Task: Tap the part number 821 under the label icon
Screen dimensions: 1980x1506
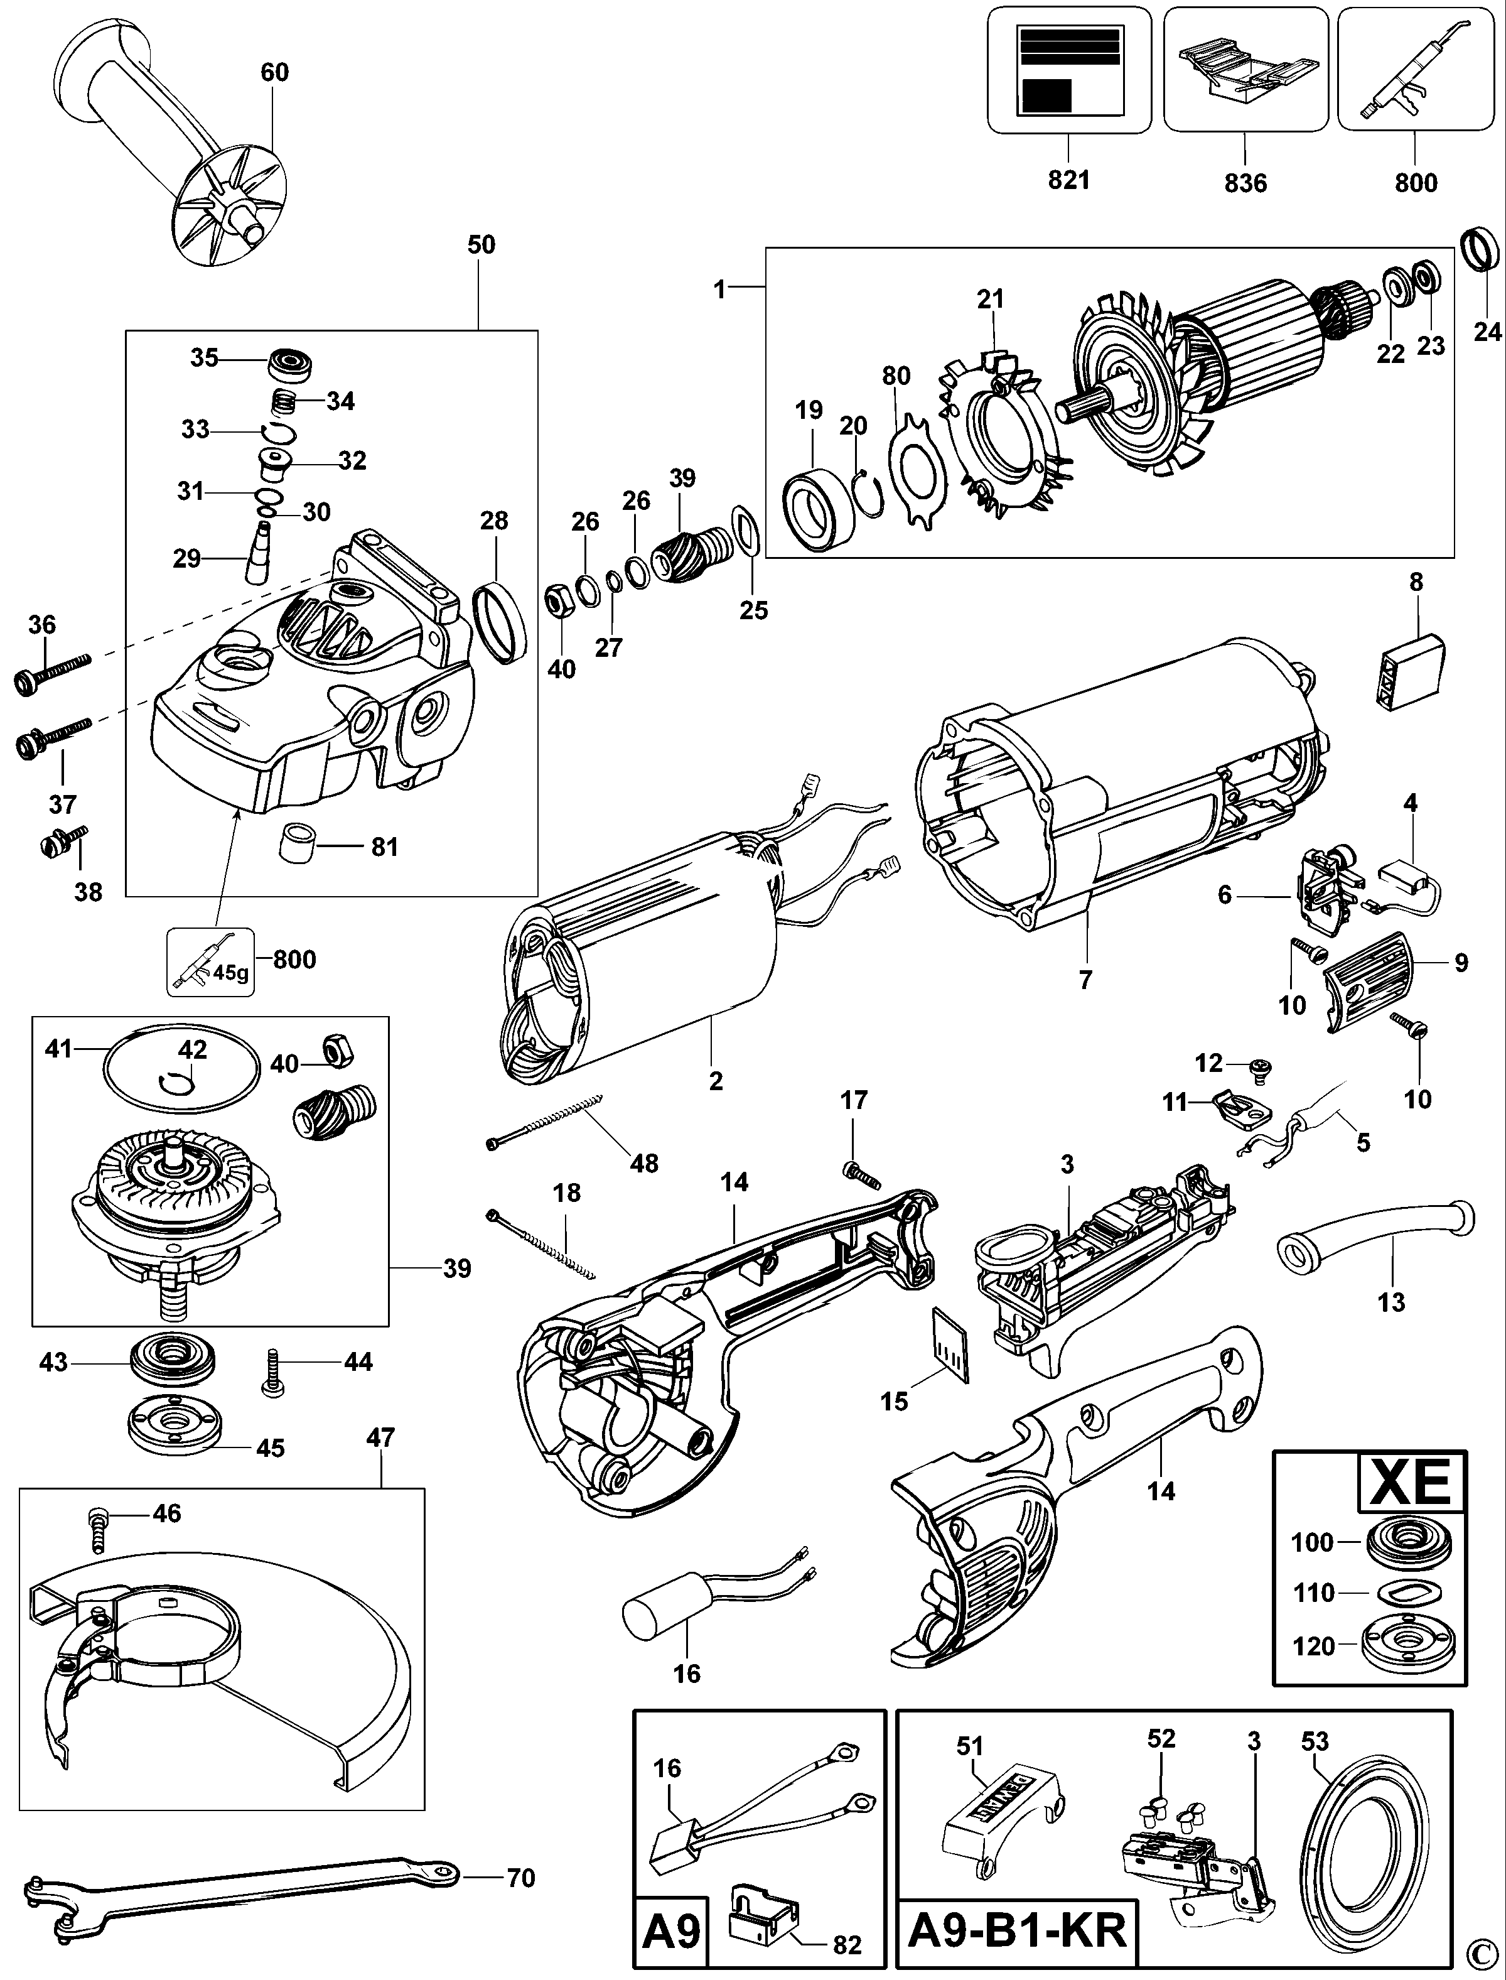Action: [1068, 180]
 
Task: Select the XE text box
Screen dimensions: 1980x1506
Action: [1412, 1482]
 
